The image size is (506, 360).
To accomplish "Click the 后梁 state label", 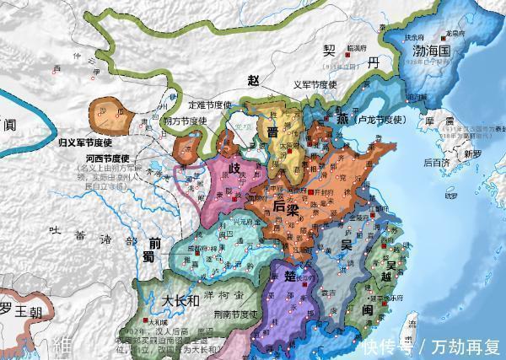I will (x=290, y=206).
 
